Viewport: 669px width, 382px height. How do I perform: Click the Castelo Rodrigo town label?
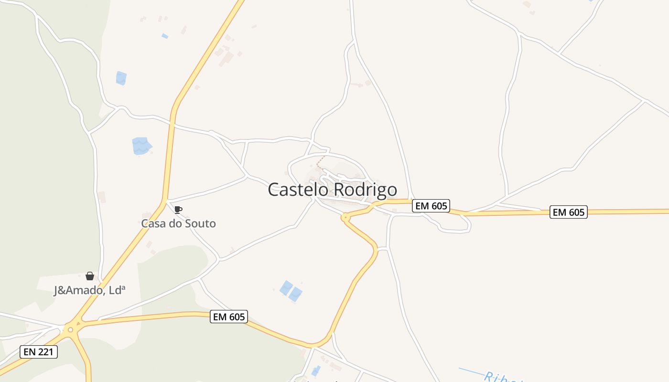click(332, 190)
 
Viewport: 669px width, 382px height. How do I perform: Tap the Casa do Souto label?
click(178, 223)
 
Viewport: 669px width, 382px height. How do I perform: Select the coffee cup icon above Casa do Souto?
click(178, 210)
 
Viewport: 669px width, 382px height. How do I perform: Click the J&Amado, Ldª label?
click(89, 290)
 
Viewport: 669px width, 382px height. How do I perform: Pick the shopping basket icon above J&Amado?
click(89, 276)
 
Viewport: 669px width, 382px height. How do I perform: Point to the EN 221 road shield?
click(39, 352)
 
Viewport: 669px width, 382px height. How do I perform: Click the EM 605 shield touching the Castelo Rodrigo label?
click(431, 206)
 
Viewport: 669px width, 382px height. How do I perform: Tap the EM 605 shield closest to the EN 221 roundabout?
click(228, 316)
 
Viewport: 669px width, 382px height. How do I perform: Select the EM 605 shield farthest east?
click(568, 212)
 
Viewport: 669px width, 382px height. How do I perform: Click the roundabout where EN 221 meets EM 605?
click(71, 329)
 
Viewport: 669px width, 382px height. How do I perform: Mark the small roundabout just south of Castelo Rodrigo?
click(345, 218)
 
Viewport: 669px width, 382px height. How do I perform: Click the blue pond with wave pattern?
click(141, 146)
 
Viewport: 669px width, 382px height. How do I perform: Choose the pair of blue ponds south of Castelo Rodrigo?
click(291, 291)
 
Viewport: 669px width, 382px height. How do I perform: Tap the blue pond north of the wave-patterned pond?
click(121, 78)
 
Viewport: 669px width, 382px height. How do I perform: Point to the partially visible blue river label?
click(502, 377)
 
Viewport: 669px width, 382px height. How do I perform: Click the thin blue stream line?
click(471, 371)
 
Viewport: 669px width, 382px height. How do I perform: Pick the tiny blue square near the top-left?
click(165, 36)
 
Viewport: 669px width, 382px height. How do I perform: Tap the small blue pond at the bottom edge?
click(316, 371)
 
